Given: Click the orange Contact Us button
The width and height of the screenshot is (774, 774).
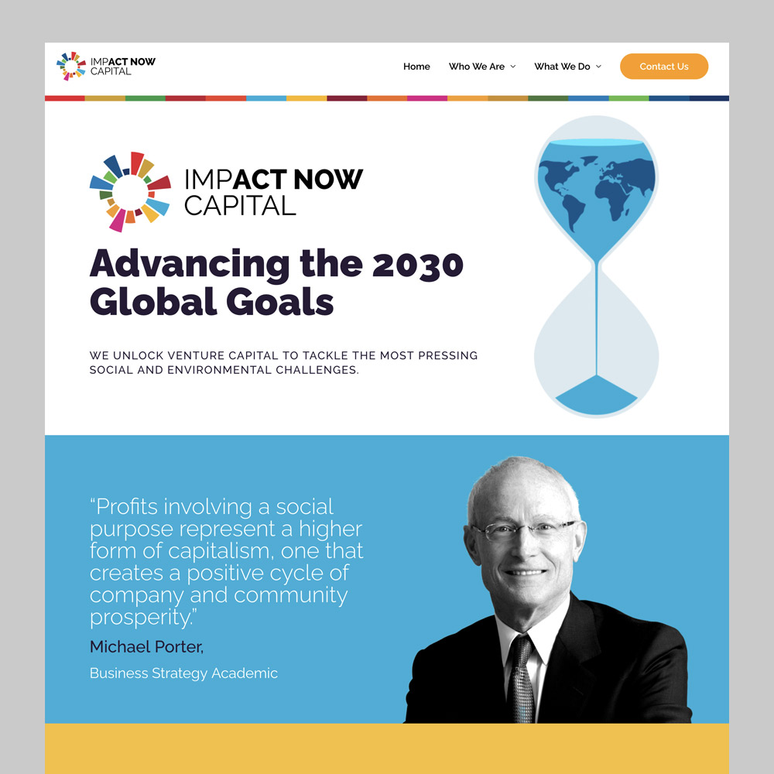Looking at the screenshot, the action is coord(664,66).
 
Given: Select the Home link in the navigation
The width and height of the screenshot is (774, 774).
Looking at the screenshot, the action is coord(416,67).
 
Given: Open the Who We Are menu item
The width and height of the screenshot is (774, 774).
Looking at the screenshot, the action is coord(476,67).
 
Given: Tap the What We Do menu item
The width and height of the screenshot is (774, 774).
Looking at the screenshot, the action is coord(562,67).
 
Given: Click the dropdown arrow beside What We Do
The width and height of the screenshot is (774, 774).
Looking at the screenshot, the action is coord(599,67).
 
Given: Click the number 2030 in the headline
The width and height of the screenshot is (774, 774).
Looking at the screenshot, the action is coord(417,265).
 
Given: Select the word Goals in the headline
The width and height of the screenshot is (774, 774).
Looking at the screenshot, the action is coord(280,302).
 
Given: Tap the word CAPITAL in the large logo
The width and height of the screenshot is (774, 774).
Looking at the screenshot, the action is coord(240,205).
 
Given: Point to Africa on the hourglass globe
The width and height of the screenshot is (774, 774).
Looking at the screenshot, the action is coord(614,197).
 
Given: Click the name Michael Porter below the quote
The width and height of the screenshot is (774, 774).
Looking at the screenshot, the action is coord(146,646).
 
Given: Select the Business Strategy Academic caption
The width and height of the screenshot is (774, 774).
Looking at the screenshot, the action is coord(183,673).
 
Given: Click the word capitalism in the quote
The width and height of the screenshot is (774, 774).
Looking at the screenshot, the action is coord(221,551).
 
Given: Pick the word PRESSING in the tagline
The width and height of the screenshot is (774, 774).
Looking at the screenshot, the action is coord(447,355).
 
